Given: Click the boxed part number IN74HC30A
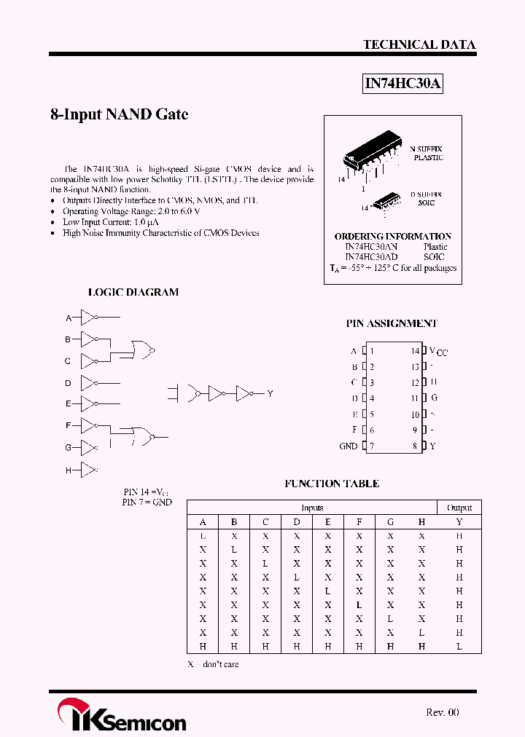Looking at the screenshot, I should pos(402,84).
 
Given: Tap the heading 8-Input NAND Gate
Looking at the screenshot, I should pos(119,114).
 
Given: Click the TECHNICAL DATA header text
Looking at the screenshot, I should pos(419,44).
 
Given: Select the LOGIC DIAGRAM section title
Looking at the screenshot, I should pos(133,292).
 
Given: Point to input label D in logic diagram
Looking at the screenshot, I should pos(68,383).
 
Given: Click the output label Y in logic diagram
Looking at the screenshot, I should pos(270,394).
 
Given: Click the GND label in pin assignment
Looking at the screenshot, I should pos(349,446).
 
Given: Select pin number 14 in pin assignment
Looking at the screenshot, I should pos(415,351).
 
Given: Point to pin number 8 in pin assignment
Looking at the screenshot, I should pos(415,446).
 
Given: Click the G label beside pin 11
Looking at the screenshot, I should pos(435,398).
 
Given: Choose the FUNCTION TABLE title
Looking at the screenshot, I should pos(332,484).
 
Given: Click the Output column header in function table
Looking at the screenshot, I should pos(459,508).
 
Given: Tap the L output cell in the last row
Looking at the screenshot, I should pos(459,647).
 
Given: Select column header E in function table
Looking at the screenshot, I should pos(328,521).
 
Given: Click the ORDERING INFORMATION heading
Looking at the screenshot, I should pos(392,236).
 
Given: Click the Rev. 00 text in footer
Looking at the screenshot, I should pos(443,712).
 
